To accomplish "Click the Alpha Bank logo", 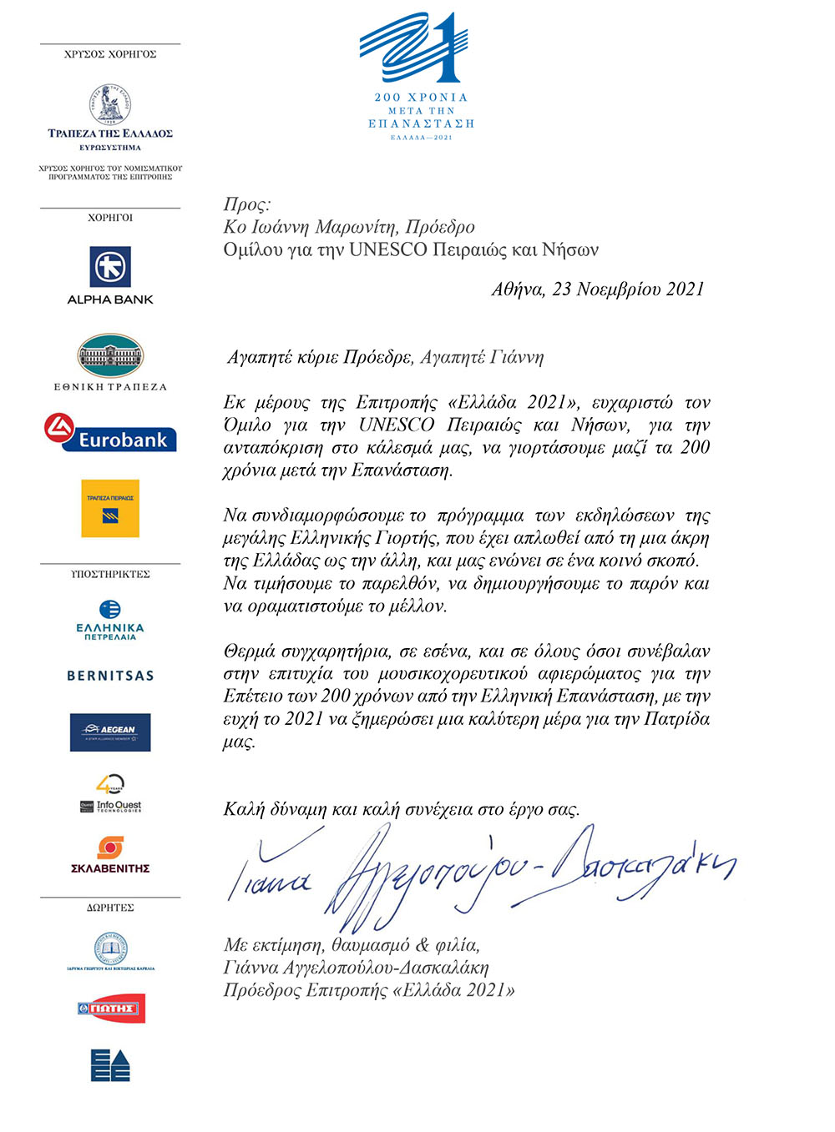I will (x=110, y=275).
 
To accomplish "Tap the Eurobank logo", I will (x=110, y=433).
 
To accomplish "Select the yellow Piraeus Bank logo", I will (x=110, y=508).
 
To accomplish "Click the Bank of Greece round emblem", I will (x=110, y=104).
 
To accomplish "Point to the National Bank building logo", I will (x=110, y=357).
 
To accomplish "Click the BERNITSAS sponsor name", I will (x=110, y=676).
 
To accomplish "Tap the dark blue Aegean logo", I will (x=110, y=732).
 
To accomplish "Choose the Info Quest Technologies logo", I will (x=110, y=795).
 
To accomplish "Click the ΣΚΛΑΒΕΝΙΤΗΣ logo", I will (x=110, y=855).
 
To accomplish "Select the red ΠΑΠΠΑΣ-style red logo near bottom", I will (x=110, y=1009).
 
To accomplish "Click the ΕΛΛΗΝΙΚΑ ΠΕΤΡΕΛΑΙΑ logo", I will (x=110, y=620).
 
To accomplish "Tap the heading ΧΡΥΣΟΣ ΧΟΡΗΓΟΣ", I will (x=110, y=54).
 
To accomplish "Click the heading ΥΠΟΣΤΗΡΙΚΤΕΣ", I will (x=110, y=574).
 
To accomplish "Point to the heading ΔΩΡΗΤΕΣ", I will (x=110, y=908).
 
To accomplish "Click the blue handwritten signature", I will (x=476, y=876).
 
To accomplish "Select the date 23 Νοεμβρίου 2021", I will (x=628, y=289).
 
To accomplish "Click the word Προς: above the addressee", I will (x=247, y=204).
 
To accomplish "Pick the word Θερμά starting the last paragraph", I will (x=250, y=652).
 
